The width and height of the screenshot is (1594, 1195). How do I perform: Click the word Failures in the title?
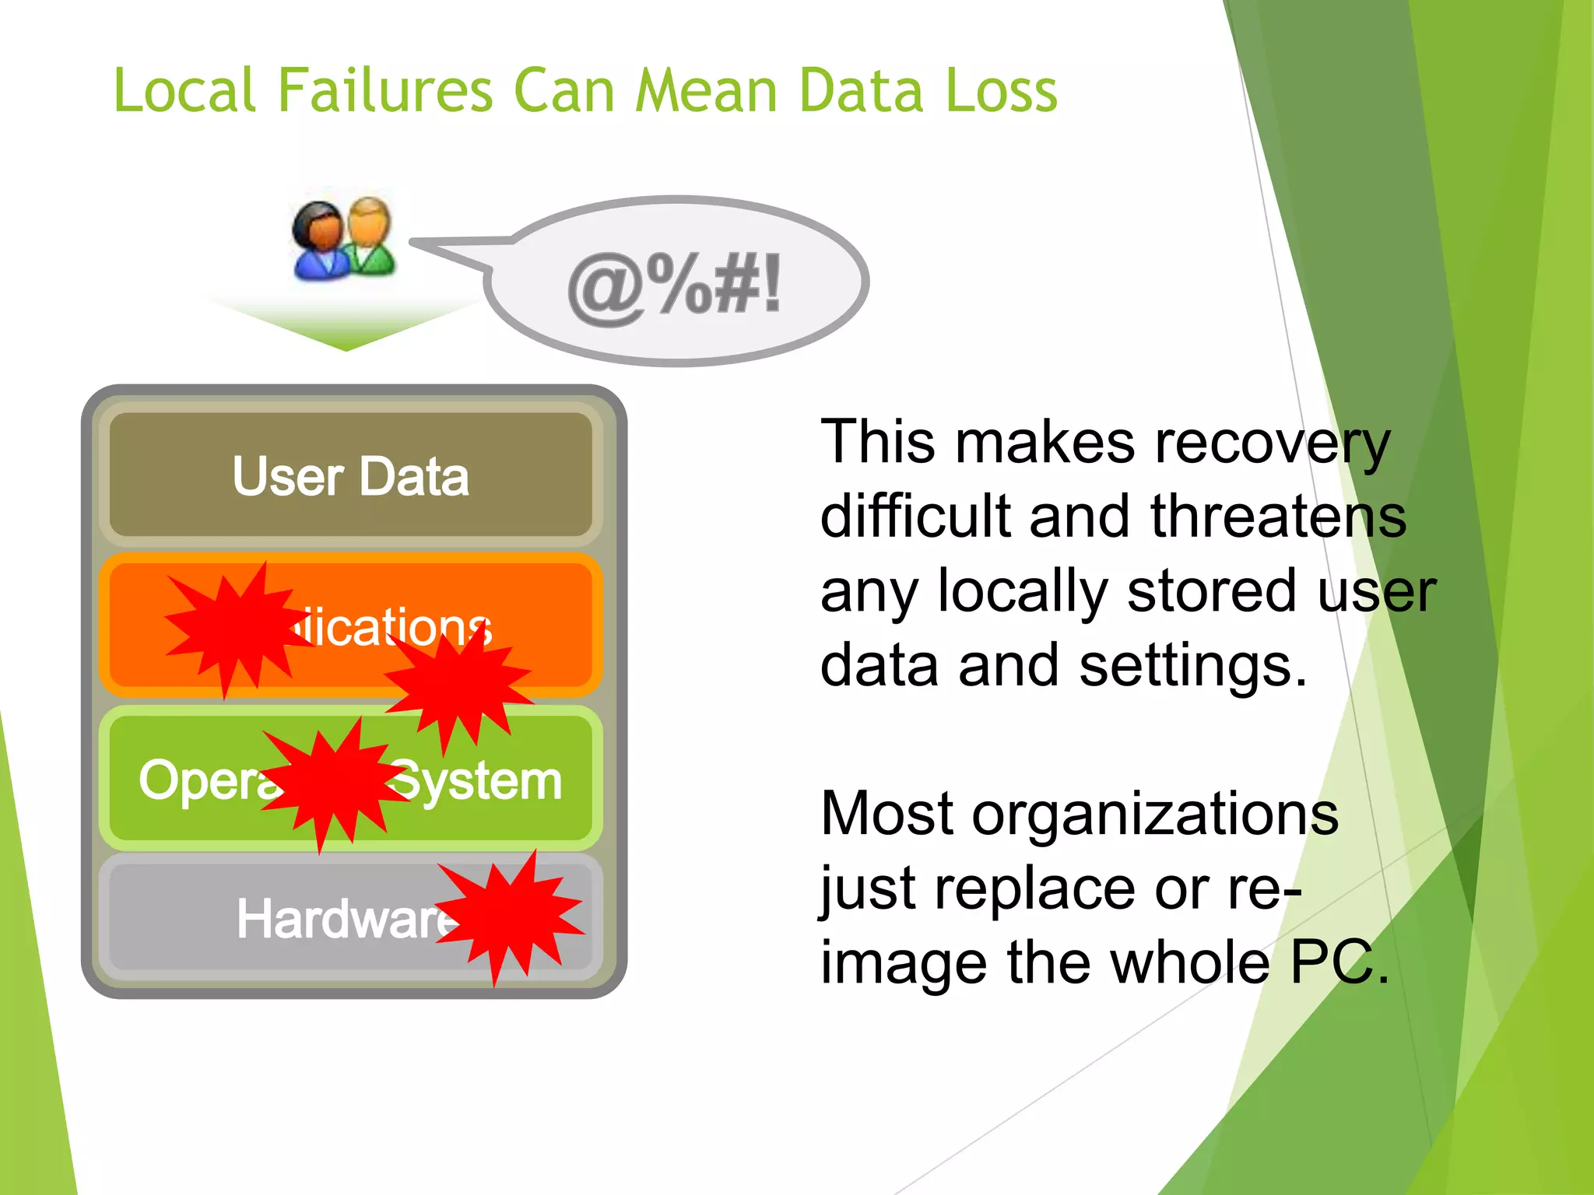point(384,90)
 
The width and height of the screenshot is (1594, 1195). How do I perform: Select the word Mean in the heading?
point(706,90)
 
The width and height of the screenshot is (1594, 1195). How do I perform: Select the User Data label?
point(350,476)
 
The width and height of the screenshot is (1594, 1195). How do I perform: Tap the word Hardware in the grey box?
point(342,920)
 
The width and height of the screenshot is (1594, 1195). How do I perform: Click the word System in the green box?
point(479,781)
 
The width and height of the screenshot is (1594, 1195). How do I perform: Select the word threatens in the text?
point(1278,517)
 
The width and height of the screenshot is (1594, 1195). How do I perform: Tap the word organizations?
point(1155,814)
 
